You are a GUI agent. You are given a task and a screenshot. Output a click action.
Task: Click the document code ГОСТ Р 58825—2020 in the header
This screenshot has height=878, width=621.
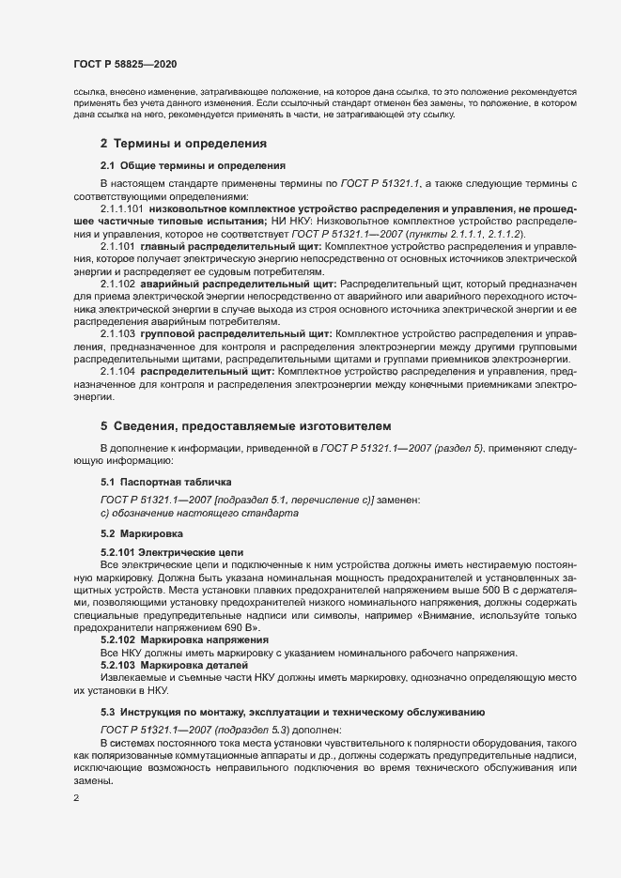pyautogui.click(x=125, y=64)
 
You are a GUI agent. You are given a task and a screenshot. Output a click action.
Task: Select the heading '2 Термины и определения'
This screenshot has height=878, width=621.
pyautogui.click(x=184, y=144)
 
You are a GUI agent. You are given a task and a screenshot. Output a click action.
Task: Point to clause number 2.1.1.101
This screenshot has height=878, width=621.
pyautogui.click(x=121, y=208)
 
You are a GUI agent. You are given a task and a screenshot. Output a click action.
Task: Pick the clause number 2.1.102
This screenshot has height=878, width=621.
pyautogui.click(x=118, y=284)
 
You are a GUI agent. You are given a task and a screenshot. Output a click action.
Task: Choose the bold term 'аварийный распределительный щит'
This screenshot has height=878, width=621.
pyautogui.click(x=238, y=284)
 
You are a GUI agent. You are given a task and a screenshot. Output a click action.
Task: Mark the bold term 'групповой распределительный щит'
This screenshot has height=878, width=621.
pyautogui.click(x=234, y=333)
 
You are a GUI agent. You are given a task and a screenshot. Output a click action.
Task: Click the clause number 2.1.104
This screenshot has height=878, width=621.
pyautogui.click(x=118, y=372)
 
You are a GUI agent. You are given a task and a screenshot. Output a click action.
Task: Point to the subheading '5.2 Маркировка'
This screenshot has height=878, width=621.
pyautogui.click(x=141, y=533)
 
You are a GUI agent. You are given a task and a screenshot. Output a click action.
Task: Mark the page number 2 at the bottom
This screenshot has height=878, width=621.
pyautogui.click(x=75, y=798)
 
